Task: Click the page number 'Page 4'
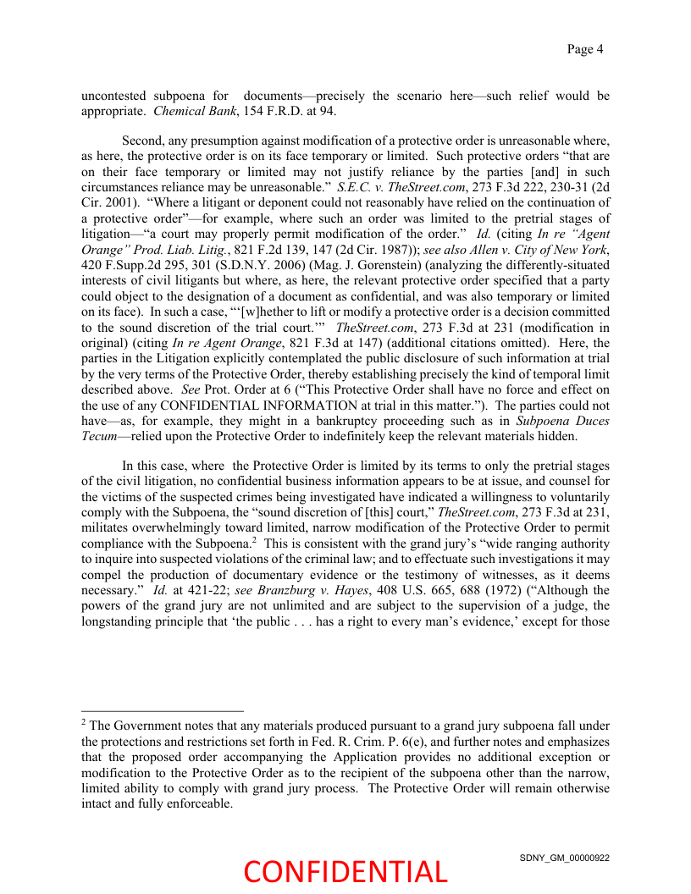coord(584,49)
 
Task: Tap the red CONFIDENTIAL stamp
coord(345,872)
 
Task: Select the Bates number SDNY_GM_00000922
coord(564,858)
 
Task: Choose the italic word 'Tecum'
coord(98,437)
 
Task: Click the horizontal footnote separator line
coord(162,711)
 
